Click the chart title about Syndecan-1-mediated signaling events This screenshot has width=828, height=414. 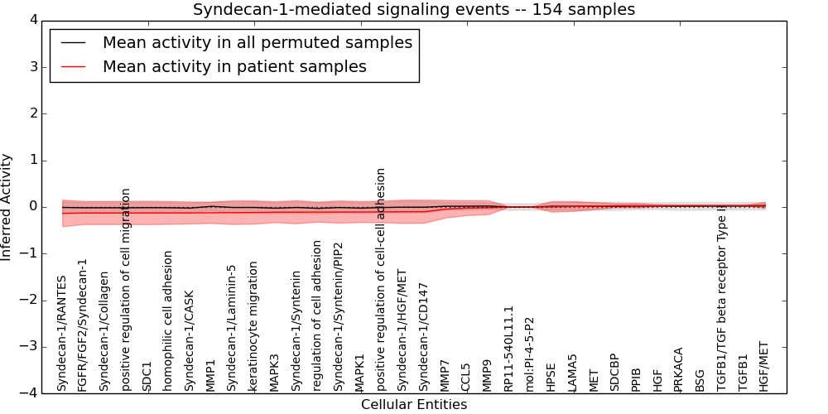pos(414,10)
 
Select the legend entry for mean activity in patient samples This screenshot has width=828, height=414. pos(234,67)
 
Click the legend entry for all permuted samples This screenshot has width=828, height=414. pos(257,42)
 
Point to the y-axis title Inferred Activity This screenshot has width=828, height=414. pos(7,207)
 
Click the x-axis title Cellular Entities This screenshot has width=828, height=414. pos(414,405)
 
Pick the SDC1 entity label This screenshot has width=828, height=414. pos(147,376)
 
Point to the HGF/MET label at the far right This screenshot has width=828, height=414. pos(763,366)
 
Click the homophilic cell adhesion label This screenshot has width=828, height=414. pos(168,320)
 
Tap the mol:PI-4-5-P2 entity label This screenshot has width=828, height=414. pos(530,354)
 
